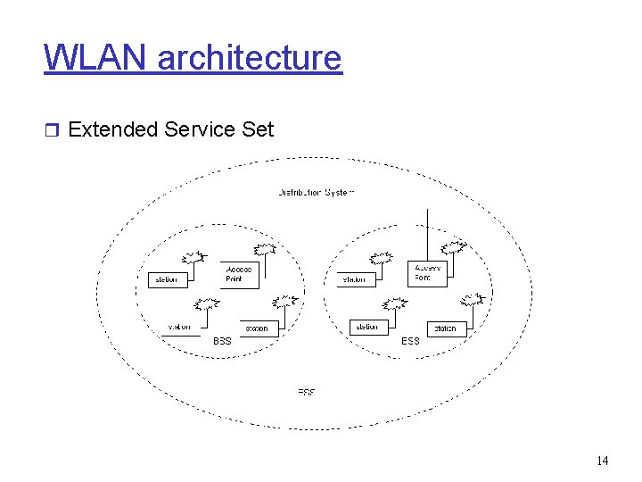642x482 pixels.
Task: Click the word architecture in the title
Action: coord(249,58)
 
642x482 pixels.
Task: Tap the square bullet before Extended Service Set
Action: coord(53,130)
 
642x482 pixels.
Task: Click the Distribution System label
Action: coord(317,192)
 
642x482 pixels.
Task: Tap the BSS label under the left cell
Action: coord(222,341)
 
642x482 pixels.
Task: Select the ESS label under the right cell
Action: coord(410,341)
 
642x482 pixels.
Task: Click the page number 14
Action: coord(602,461)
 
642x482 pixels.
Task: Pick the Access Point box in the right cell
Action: coord(428,272)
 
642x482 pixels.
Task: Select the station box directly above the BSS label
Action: coord(256,328)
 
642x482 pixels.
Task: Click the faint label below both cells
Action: coord(306,392)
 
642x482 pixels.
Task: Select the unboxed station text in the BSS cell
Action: coord(179,327)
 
